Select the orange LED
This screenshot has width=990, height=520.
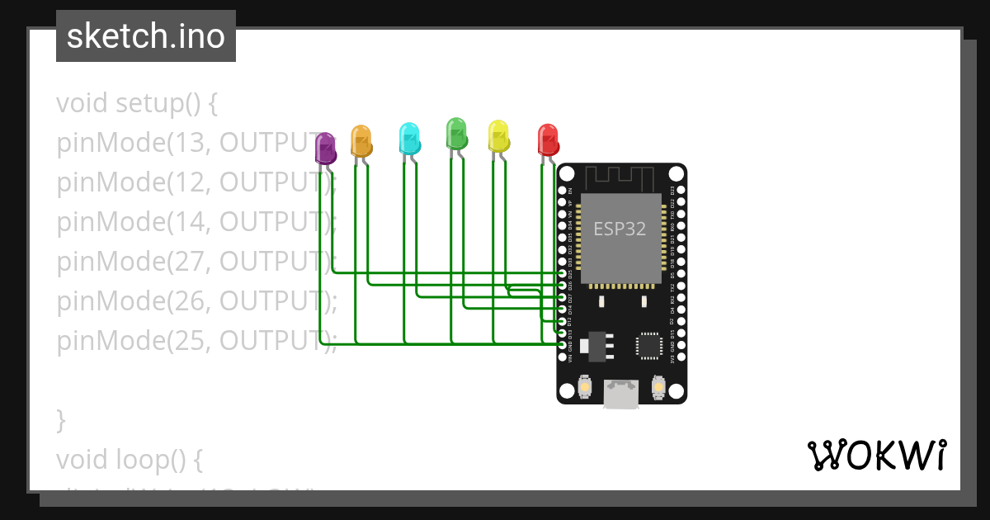pyautogui.click(x=361, y=141)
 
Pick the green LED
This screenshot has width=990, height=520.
pyautogui.click(x=456, y=133)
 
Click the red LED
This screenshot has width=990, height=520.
pyautogui.click(x=548, y=139)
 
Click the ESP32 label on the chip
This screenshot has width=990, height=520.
pyautogui.click(x=620, y=229)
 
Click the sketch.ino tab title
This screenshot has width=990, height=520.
pyautogui.click(x=146, y=36)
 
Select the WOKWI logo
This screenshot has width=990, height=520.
pyautogui.click(x=876, y=455)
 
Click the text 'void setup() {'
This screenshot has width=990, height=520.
pyautogui.click(x=137, y=104)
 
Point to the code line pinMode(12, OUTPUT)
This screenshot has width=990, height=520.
pyautogui.click(x=196, y=182)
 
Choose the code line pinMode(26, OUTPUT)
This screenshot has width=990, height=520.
pyautogui.click(x=196, y=301)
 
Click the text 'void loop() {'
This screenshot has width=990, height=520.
pyautogui.click(x=129, y=458)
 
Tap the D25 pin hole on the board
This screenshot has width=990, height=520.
pyautogui.click(x=562, y=273)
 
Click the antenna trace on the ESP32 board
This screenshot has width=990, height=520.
pyautogui.click(x=621, y=177)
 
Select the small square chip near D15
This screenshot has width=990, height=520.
pyautogui.click(x=649, y=345)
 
